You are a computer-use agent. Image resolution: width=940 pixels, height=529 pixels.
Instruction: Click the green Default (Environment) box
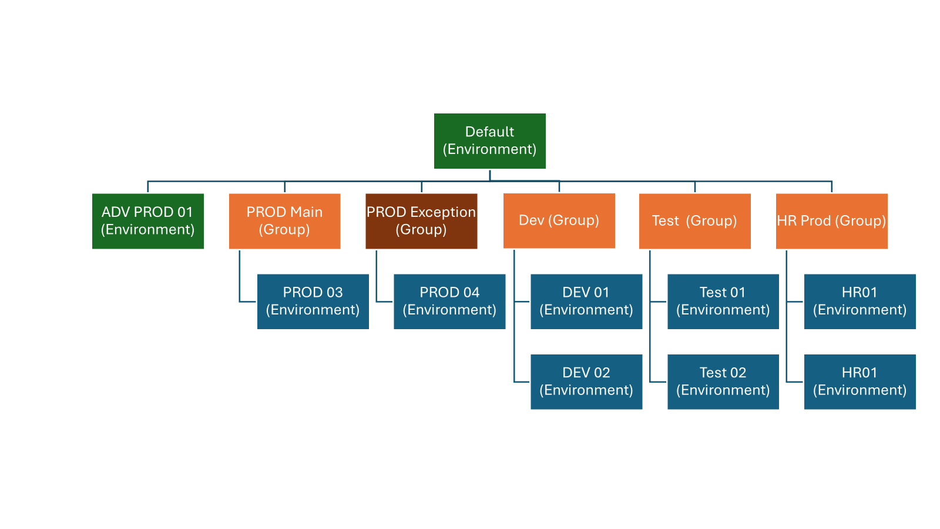(489, 141)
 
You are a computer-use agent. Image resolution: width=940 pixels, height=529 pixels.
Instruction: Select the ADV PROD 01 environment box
(147, 221)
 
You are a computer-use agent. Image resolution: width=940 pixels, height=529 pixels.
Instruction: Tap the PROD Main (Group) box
(284, 221)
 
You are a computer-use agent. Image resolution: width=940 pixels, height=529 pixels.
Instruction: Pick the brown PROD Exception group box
(421, 221)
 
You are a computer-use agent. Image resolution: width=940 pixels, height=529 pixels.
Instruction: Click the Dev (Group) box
(559, 220)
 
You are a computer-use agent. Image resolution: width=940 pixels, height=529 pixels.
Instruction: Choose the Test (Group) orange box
(694, 221)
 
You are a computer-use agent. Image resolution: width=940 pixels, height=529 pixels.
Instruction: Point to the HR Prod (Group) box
(831, 221)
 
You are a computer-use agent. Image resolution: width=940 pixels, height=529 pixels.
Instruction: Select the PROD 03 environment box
(313, 302)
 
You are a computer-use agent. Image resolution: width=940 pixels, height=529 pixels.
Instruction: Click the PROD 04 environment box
(449, 302)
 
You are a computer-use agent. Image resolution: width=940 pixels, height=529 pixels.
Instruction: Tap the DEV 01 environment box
(586, 302)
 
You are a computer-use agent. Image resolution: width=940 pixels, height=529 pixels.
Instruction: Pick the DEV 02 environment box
(586, 381)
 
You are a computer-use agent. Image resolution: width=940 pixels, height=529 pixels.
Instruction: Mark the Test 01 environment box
(723, 302)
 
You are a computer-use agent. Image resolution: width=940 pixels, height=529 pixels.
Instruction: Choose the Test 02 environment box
(723, 381)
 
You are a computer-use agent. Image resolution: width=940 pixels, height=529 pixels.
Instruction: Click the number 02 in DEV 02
(602, 373)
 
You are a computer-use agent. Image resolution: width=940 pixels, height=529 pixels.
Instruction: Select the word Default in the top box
(489, 132)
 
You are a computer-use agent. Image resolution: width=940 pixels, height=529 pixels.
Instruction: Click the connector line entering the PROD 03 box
(248, 302)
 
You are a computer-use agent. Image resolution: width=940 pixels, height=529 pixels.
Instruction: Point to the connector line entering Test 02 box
(658, 382)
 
